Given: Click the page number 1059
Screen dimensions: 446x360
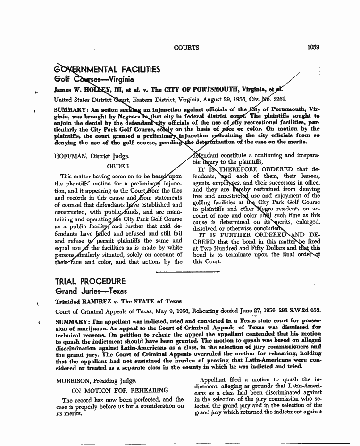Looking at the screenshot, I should pyautogui.click(x=313, y=47).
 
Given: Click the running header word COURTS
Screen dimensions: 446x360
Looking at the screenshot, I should pyautogui.click(x=186, y=48).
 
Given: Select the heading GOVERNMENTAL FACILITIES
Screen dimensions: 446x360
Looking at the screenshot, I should pyautogui.click(x=107, y=70).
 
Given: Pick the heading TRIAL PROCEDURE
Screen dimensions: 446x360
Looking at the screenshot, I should pyautogui.click(x=90, y=281).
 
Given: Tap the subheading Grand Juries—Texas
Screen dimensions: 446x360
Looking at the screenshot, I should pyautogui.click(x=88, y=291).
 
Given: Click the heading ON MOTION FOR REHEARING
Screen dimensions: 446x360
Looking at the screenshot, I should pyautogui.click(x=120, y=390).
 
